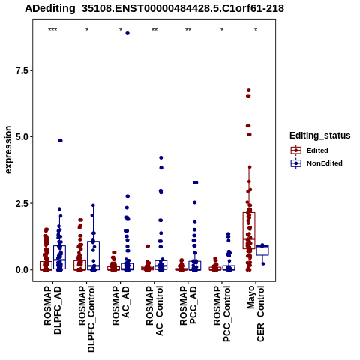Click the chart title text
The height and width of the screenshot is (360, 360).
pos(154,8)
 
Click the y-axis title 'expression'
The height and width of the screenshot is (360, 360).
pos(8,150)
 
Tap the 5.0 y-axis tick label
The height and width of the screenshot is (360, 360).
pos(22,136)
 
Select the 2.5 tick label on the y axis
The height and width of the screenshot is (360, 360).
pos(22,203)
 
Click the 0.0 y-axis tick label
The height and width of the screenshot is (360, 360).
pos(22,270)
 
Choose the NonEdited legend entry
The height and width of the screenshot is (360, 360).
pos(316,163)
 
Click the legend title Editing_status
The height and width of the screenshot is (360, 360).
pos(320,136)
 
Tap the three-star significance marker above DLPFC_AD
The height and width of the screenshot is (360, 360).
pos(52,30)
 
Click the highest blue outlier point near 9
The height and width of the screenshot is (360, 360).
pos(127,33)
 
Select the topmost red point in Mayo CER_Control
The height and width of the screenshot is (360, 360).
pos(249,89)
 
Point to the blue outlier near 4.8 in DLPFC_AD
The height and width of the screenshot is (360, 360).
pos(60,141)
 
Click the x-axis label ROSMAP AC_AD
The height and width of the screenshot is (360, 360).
pos(121,306)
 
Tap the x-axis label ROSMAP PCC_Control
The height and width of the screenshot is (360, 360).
pos(222,314)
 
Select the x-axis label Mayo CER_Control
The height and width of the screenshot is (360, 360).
pos(256,314)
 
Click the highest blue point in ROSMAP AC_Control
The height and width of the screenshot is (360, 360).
pos(161,157)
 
